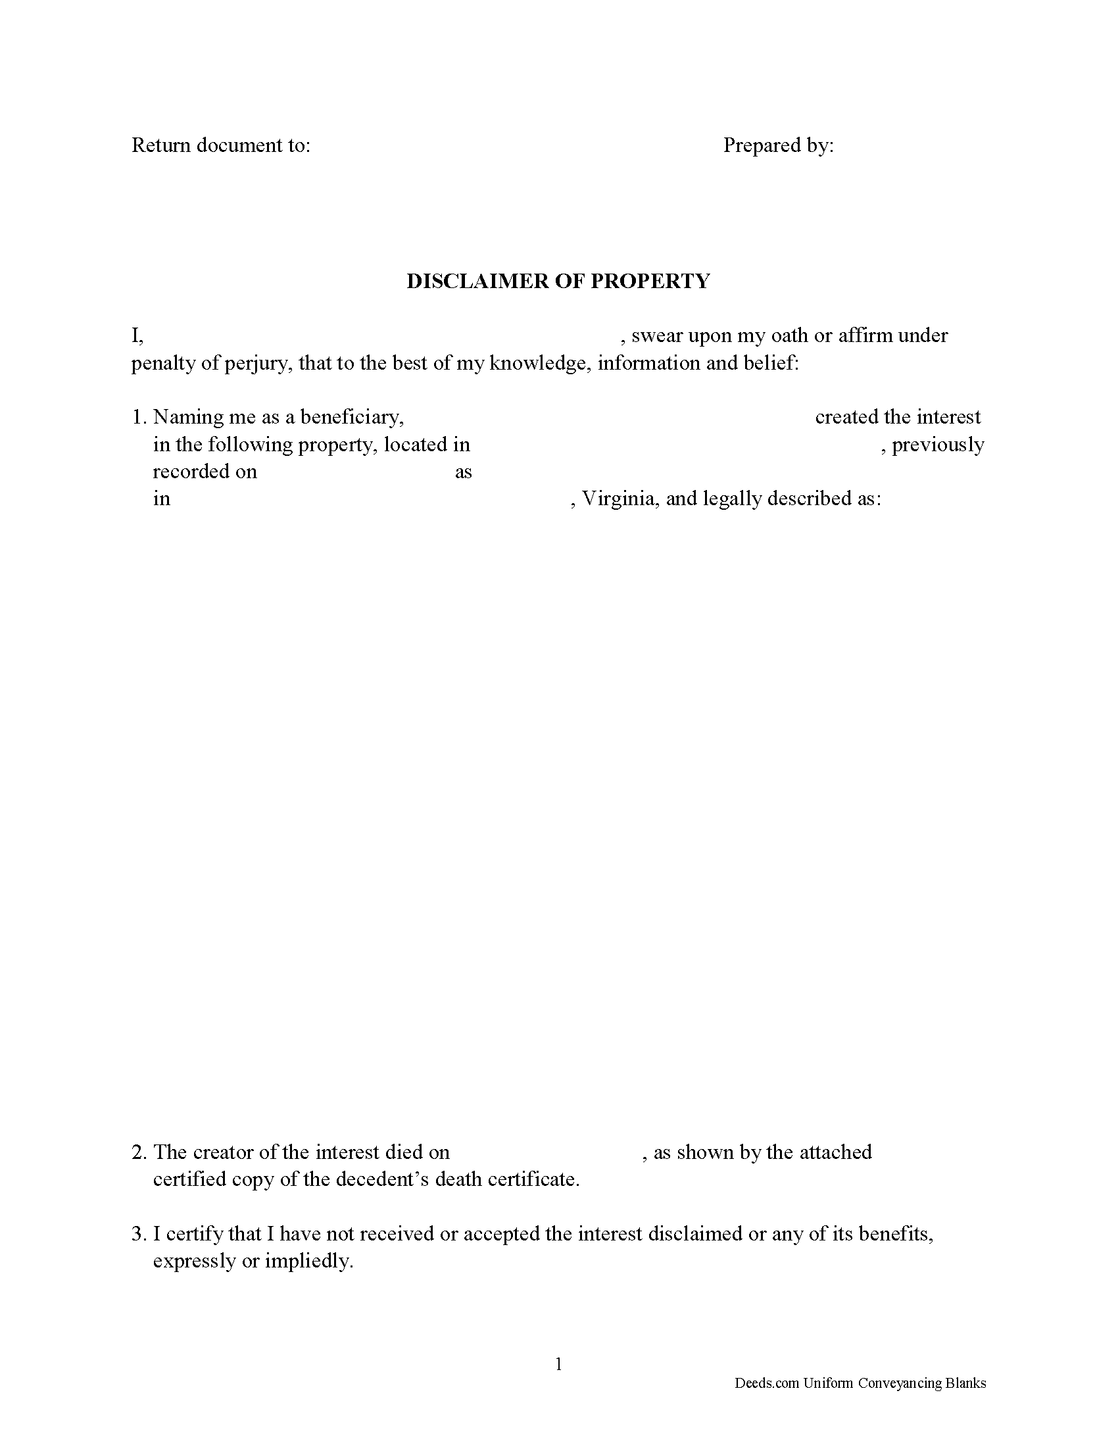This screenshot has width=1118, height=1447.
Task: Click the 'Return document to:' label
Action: pyautogui.click(x=220, y=145)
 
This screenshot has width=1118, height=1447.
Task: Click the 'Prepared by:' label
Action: pyautogui.click(x=778, y=145)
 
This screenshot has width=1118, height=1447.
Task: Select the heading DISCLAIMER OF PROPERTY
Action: pyautogui.click(x=558, y=281)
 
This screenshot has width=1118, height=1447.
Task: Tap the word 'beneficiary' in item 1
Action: pyautogui.click(x=352, y=417)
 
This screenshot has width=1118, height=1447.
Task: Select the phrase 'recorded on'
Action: pyautogui.click(x=205, y=471)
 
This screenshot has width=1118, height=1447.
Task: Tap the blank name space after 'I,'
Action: pyautogui.click(x=381, y=336)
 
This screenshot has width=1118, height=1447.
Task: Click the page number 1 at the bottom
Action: pyautogui.click(x=558, y=1364)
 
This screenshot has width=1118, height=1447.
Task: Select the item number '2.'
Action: pyautogui.click(x=138, y=1153)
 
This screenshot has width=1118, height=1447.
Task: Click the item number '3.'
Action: pyautogui.click(x=138, y=1234)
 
